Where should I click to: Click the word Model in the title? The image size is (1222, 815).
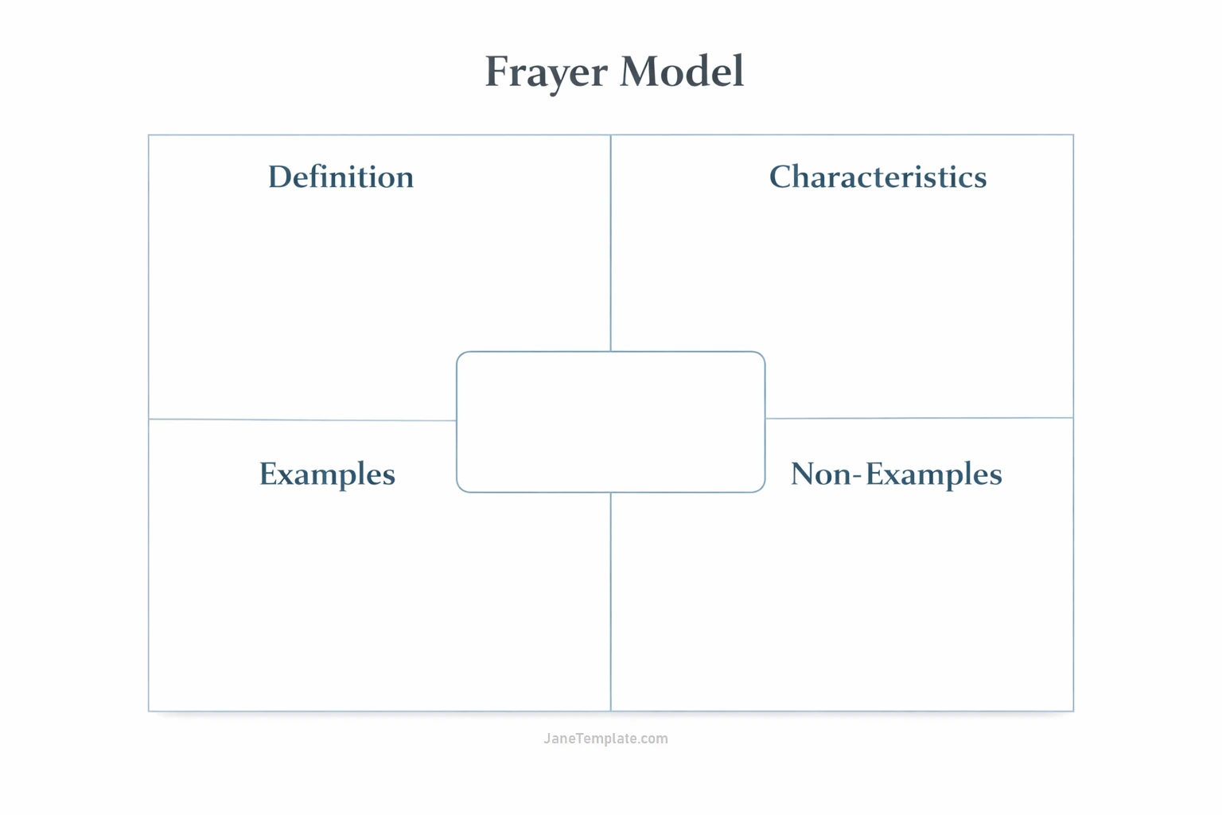pos(682,72)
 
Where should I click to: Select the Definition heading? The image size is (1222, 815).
pos(341,177)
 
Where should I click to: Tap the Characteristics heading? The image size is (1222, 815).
pos(878,177)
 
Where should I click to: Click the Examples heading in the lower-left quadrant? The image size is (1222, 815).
pos(327,474)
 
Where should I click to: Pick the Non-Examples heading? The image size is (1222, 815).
pos(896,474)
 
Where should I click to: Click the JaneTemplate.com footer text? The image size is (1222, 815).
pos(605,739)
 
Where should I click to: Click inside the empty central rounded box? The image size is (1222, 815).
pos(610,422)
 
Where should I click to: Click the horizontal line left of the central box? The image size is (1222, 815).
pos(302,419)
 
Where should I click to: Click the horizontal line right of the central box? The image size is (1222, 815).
pos(919,418)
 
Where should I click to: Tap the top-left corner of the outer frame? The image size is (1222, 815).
pos(149,135)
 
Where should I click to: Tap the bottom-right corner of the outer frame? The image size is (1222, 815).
pos(1073,711)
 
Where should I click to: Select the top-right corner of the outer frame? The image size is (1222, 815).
pos(1073,135)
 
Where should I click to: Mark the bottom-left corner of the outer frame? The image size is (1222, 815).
pos(149,711)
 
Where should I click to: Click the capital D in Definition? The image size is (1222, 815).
pos(278,177)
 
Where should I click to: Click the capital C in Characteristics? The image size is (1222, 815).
pos(782,177)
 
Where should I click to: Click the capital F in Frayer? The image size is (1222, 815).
pos(498,72)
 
